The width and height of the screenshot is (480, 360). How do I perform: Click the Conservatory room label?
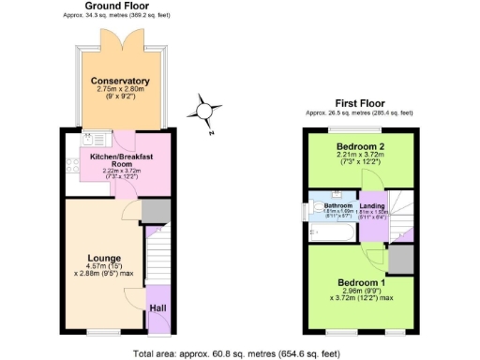[121, 81]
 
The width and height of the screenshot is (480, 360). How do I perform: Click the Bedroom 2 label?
[362, 147]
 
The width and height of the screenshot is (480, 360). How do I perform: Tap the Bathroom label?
[338, 205]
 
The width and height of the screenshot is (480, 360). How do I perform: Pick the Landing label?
[372, 205]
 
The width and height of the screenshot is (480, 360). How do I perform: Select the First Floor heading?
[361, 103]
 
